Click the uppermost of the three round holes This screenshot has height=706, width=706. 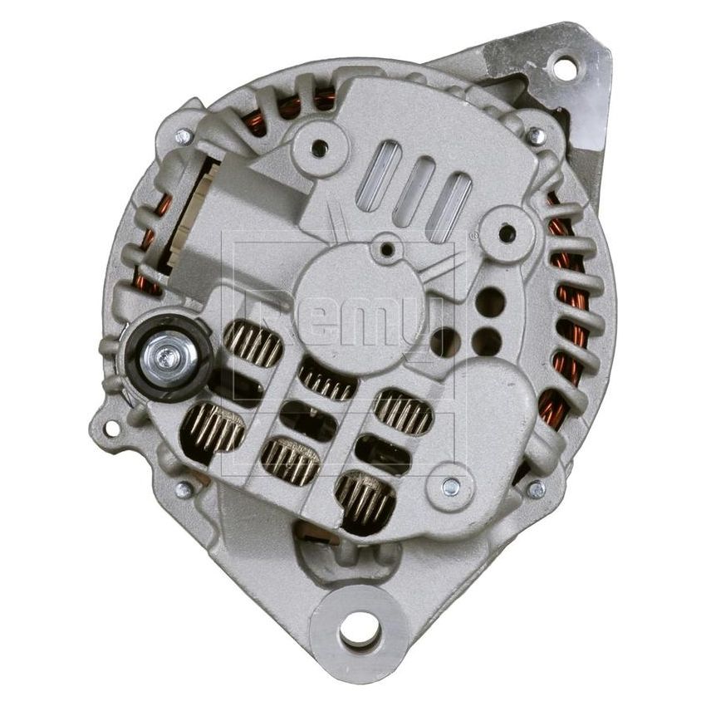pyautogui.click(x=491, y=302)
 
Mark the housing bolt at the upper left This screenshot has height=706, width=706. pyautogui.click(x=184, y=135)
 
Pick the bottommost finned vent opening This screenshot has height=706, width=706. pyautogui.click(x=365, y=501)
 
